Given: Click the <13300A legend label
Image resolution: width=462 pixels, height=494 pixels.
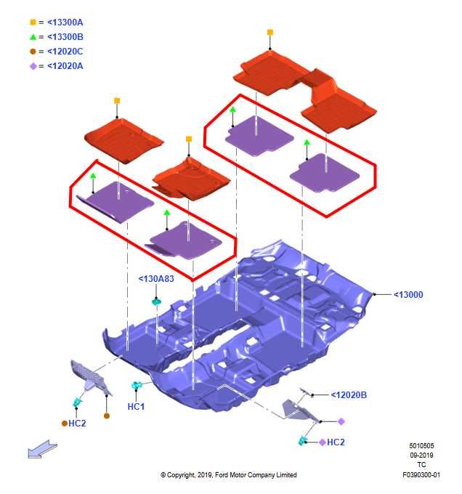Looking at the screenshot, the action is (65, 23).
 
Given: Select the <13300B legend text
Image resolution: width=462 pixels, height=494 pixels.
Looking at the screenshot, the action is (65, 37).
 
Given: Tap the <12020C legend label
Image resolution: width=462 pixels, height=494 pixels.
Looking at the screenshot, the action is (65, 52).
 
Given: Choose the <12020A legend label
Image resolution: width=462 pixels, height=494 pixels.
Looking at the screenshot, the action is (65, 66).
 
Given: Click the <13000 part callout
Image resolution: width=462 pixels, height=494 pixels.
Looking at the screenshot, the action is (408, 294).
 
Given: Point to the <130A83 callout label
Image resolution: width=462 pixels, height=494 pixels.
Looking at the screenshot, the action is (156, 279).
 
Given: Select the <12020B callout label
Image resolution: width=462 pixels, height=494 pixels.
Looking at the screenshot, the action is (349, 394).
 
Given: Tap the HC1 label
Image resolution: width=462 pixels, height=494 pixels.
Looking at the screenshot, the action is (136, 407).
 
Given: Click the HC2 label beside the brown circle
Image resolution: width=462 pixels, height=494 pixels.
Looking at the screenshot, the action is (77, 424).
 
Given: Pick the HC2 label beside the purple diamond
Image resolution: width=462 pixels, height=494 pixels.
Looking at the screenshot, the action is (336, 442).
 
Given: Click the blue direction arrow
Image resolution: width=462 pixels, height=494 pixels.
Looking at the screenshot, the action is (43, 449).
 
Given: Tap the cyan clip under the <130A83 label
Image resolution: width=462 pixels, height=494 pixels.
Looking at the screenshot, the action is (156, 302).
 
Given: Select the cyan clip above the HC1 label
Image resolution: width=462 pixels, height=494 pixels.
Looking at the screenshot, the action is (137, 385).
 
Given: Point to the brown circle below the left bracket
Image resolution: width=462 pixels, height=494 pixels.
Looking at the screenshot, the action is (107, 416).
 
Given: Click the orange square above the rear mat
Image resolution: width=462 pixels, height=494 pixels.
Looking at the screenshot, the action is (270, 32).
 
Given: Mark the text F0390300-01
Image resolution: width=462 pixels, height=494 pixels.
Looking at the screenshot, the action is (421, 475).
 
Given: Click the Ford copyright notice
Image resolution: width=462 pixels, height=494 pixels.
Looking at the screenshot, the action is (229, 475).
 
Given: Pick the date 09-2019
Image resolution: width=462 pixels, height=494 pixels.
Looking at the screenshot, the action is (421, 455).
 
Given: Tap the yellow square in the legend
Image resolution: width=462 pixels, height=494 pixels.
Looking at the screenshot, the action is (33, 22).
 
